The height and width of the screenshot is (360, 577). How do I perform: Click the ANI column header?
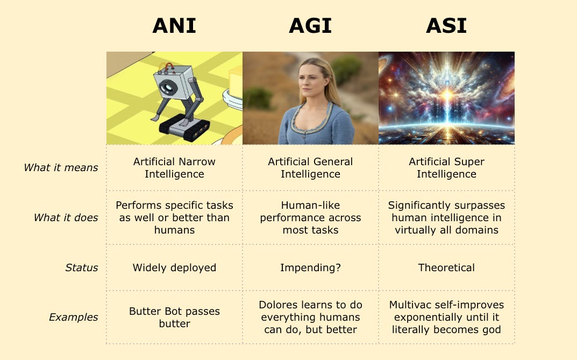[x=174, y=26]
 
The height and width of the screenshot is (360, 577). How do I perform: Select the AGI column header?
[x=310, y=26]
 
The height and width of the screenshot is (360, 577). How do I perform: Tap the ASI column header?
[x=446, y=26]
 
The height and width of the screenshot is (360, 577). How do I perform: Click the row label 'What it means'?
[x=61, y=167]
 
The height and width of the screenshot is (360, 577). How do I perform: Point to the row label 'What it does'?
[x=66, y=217]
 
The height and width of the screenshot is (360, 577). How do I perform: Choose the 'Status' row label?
[x=82, y=267]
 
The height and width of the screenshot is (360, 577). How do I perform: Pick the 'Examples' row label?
[x=74, y=317]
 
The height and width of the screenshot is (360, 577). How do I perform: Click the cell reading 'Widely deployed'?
[x=174, y=267]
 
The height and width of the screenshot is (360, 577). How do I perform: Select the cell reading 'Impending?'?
[x=310, y=267]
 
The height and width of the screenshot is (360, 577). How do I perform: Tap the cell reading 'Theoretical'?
[x=446, y=267]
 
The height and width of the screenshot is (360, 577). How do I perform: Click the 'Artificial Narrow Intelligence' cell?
[x=174, y=167]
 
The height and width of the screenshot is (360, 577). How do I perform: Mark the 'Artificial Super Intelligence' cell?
[x=446, y=167]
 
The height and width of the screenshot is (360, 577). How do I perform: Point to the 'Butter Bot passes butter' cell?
[x=174, y=317]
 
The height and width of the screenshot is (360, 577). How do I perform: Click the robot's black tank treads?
[x=184, y=129]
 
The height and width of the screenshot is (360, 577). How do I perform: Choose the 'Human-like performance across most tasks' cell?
[x=310, y=217]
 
